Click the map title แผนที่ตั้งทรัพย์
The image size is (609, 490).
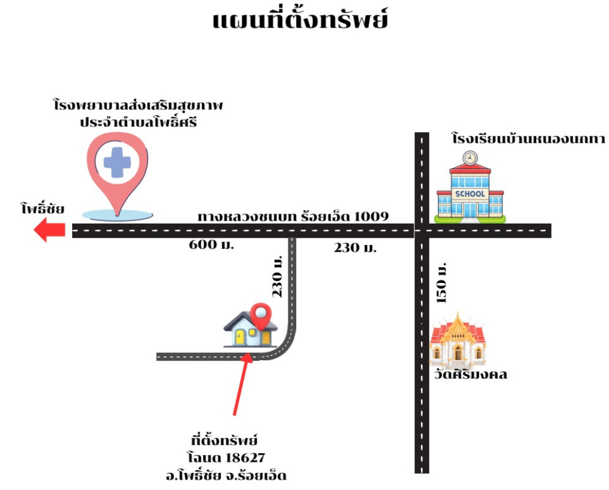point(301,20)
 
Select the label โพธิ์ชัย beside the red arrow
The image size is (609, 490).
point(42,209)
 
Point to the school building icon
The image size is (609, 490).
point(469,191)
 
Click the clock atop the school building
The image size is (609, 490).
point(469,157)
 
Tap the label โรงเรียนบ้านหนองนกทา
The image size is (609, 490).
point(528,138)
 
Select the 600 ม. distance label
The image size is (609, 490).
point(212,246)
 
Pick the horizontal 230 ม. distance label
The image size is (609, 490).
point(355,248)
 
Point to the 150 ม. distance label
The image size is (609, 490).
point(442,282)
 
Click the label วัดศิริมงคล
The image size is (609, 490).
point(468,374)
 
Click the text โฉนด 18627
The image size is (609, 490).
point(226,458)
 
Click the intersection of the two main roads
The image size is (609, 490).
point(422,231)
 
